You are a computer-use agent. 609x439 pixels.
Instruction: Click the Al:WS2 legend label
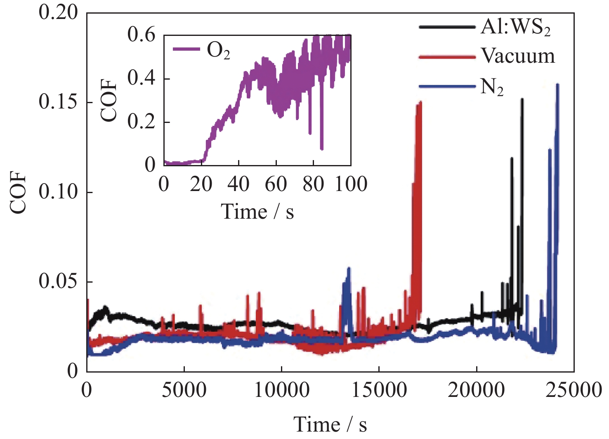515,28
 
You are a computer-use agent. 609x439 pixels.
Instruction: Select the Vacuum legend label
518,56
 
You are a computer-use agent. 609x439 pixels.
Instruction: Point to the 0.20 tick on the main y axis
58,12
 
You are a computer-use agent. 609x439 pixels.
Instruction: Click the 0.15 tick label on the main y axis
58,102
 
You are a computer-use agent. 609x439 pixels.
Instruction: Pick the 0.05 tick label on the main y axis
58,281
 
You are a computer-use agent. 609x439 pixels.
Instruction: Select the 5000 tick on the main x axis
184,389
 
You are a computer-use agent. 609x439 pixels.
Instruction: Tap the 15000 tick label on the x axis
379,389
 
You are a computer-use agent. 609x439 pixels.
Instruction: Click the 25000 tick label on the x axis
574,389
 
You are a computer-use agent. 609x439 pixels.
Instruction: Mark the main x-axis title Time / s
330,424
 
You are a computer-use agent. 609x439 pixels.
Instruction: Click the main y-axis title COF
18,192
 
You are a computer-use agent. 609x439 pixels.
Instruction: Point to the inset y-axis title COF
109,100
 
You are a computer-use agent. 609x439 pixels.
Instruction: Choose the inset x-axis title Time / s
258,212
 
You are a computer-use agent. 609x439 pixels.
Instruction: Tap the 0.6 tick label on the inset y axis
142,34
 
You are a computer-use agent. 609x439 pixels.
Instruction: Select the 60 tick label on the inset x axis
276,184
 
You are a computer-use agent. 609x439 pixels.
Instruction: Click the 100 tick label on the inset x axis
351,184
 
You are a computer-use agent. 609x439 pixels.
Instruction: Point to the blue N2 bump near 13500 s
348,289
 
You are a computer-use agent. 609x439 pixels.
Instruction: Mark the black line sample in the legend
447,27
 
